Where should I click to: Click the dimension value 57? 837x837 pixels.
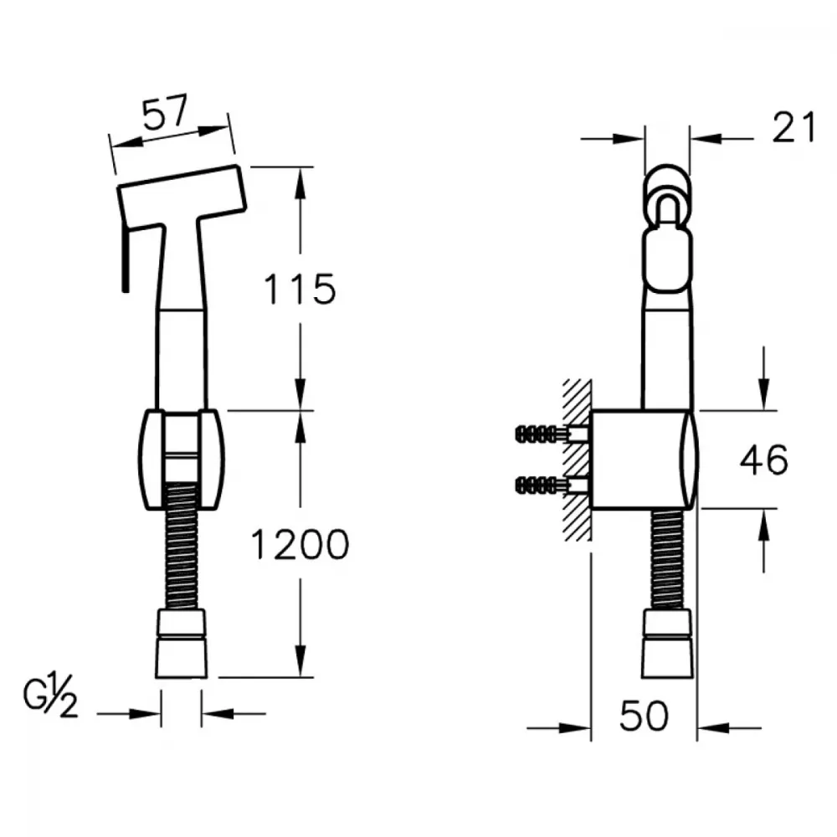pyautogui.click(x=166, y=113)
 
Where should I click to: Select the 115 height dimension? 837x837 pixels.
pyautogui.click(x=300, y=289)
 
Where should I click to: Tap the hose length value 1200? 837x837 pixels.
pyautogui.click(x=300, y=545)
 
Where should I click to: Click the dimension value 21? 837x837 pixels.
pyautogui.click(x=793, y=127)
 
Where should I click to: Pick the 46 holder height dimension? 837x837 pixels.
pyautogui.click(x=763, y=459)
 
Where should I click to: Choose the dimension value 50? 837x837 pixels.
pyautogui.click(x=644, y=716)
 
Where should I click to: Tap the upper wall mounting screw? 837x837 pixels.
pyautogui.click(x=552, y=434)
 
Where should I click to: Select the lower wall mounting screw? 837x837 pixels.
pyautogui.click(x=552, y=485)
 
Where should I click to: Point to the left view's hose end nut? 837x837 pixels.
pyautogui.click(x=182, y=644)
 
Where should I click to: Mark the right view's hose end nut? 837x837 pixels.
pyautogui.click(x=667, y=644)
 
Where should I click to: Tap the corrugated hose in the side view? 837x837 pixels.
pyautogui.click(x=667, y=559)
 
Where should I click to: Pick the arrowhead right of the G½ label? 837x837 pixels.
pyautogui.click(x=218, y=713)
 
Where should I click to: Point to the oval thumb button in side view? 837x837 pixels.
pyautogui.click(x=667, y=260)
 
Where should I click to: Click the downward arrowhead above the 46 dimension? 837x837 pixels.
pyautogui.click(x=764, y=394)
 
